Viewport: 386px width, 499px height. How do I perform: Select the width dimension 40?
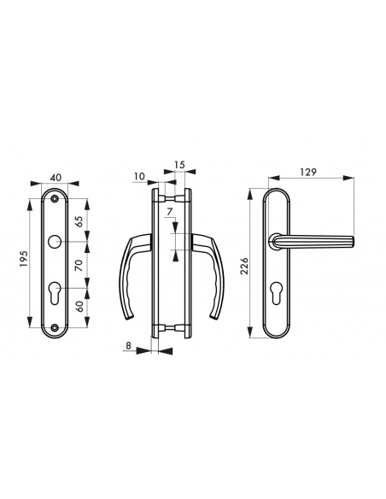[x=56, y=177]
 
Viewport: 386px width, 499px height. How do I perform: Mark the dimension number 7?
[x=170, y=211]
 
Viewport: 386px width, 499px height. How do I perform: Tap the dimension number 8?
[x=128, y=347]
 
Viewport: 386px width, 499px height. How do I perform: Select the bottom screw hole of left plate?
[x=56, y=327]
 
